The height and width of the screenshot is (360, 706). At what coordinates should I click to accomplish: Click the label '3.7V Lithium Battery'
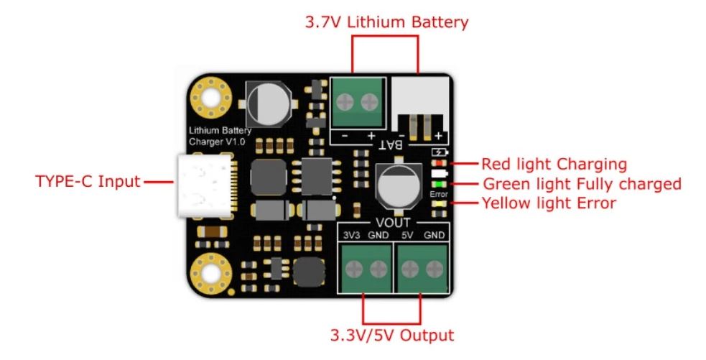click(386, 22)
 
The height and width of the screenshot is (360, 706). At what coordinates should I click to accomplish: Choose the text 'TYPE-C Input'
click(88, 180)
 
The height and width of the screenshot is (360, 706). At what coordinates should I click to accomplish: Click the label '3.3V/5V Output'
click(392, 335)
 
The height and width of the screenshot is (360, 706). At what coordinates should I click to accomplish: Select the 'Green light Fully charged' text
click(581, 184)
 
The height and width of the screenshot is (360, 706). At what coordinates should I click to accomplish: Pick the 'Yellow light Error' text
click(548, 203)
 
